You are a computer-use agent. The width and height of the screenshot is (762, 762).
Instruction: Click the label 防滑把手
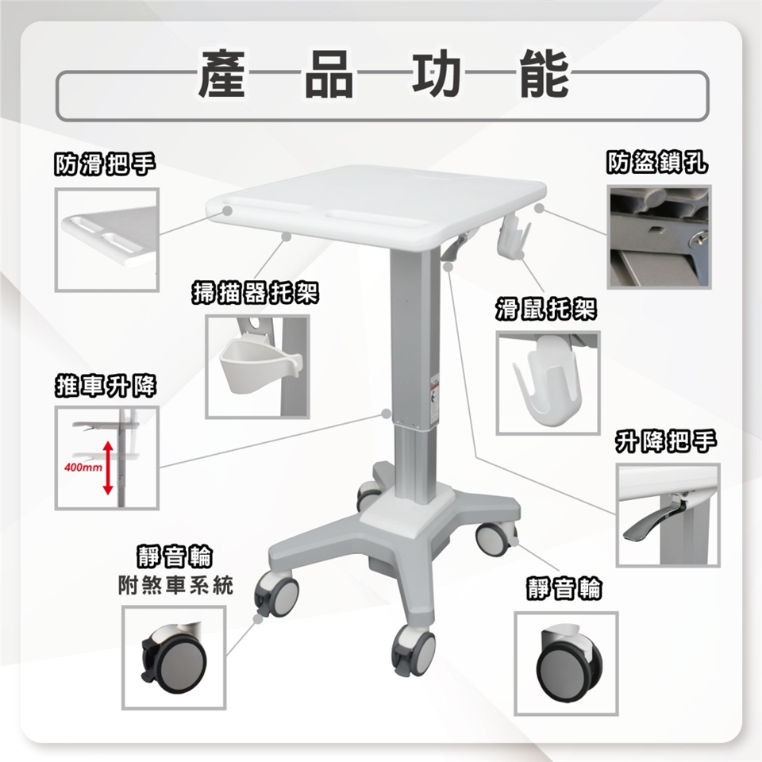coord(105,164)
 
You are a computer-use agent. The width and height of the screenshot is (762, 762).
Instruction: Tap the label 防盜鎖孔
coord(657,162)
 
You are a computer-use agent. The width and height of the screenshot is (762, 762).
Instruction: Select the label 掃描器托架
coord(256,293)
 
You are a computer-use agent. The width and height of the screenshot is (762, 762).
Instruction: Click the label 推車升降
coord(105,387)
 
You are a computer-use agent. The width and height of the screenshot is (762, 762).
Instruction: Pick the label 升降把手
coord(666,441)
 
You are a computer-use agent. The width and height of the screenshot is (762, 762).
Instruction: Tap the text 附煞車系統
coord(175,586)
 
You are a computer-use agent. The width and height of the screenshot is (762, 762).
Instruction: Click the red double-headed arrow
coord(108,468)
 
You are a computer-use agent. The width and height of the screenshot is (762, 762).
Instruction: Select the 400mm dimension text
coord(83,468)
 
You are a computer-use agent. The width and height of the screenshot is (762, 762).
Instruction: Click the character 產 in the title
coord(221,73)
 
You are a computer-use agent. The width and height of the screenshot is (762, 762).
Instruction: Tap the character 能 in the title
coord(544,73)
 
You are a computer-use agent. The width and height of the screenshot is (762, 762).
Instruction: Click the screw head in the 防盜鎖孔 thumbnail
coord(700,239)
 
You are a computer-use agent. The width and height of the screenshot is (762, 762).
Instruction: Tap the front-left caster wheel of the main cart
coord(276,594)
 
